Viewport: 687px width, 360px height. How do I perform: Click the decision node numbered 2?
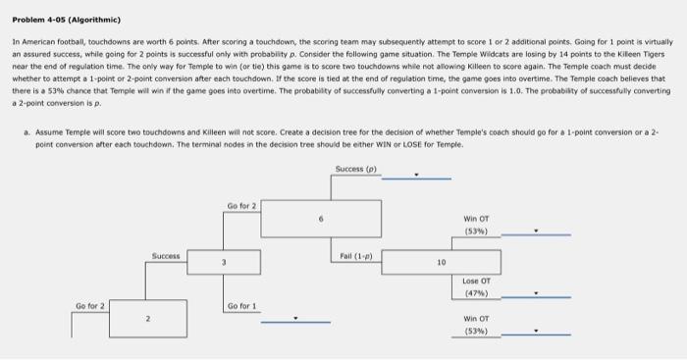[x=147, y=319]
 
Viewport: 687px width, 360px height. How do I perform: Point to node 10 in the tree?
[x=442, y=264]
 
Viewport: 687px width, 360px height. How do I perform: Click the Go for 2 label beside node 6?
[x=242, y=205]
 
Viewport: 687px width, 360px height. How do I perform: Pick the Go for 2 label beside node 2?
[x=90, y=307]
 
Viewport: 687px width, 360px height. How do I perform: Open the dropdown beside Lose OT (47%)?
[x=536, y=292]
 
